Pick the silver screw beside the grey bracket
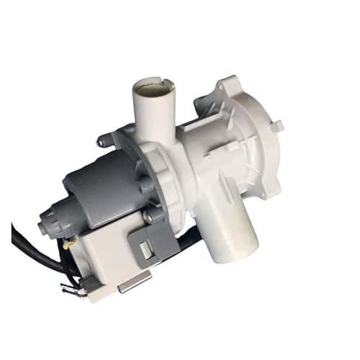pos(148,216)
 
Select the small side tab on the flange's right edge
pos(279,126)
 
